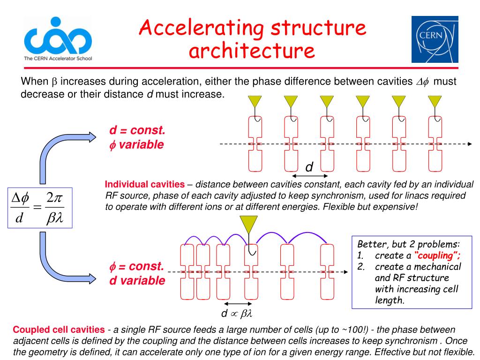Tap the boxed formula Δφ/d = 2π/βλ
coord(40,208)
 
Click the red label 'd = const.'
coord(137,130)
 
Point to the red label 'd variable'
coord(137,281)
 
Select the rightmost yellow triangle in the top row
coord(435,102)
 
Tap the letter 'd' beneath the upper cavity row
coord(309,167)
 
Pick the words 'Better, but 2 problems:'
coord(409,244)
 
